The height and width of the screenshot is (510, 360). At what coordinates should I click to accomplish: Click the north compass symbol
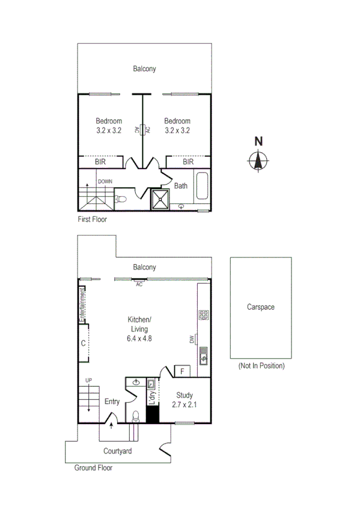pos(259,161)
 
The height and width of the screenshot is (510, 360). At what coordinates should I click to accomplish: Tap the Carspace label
pos(260,307)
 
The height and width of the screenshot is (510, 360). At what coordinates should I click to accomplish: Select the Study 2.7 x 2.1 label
pos(185,400)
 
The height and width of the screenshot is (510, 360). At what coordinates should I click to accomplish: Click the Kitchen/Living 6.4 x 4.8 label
pos(139,329)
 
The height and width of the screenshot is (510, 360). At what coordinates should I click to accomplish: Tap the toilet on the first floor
pos(121,199)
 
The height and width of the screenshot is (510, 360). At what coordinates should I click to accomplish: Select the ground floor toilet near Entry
pos(136,416)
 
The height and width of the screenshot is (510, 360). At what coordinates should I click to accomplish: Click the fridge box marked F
pos(182,372)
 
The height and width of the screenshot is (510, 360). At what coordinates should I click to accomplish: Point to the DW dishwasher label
pos(192,340)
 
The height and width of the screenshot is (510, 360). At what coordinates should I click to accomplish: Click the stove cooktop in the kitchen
pos(203,314)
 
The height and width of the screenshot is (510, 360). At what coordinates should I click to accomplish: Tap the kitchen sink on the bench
pos(203,355)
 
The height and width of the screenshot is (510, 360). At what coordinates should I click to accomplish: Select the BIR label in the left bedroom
pos(100,162)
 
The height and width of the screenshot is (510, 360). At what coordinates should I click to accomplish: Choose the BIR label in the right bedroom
pos(188,162)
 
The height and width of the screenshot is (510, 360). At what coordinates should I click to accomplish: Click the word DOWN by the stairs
pos(105,181)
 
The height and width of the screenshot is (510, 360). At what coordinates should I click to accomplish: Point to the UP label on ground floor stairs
pos(88,380)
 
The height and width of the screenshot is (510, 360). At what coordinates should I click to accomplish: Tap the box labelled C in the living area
pos(84,343)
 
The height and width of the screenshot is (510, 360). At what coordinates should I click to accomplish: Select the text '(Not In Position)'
pos(261,366)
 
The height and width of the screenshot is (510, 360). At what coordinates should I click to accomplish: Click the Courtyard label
pos(117,450)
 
